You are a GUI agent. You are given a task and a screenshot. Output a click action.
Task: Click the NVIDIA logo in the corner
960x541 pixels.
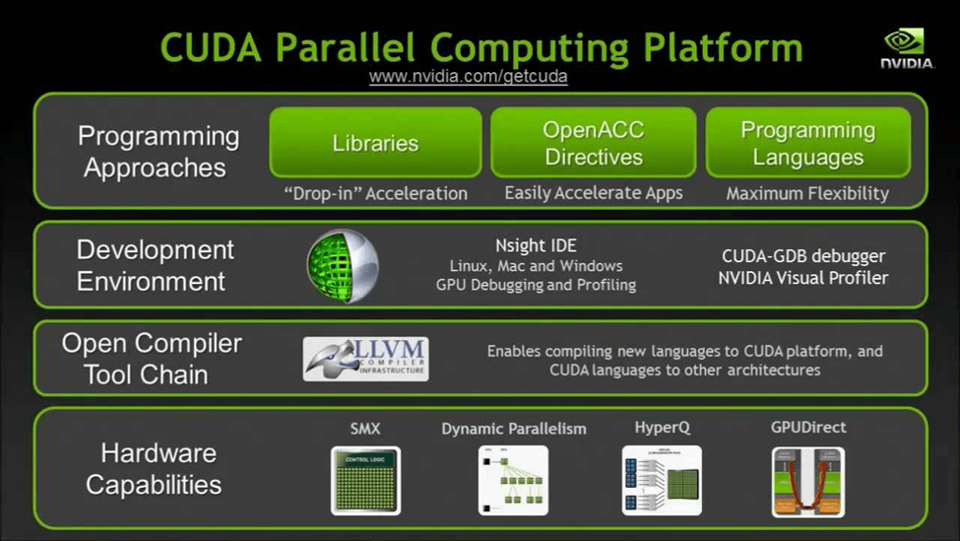[x=906, y=48]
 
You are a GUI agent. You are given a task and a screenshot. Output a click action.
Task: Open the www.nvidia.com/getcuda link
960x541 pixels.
[x=468, y=76]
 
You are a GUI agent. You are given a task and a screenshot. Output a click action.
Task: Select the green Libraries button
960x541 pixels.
[x=375, y=143]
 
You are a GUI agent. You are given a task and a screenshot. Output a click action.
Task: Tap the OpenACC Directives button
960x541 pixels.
[x=593, y=143]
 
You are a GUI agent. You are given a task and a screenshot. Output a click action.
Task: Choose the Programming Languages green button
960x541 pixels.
[x=807, y=143]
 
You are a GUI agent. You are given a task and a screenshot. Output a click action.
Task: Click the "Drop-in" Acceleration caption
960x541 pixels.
[x=375, y=193]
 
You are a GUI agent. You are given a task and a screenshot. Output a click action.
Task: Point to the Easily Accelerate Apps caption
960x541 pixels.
[x=593, y=193]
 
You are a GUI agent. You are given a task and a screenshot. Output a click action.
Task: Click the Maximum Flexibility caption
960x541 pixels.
[x=807, y=193]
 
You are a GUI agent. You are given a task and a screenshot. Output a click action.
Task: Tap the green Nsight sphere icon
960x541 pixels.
[x=343, y=265]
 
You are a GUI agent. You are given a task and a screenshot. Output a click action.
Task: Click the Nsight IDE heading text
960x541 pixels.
[x=536, y=245]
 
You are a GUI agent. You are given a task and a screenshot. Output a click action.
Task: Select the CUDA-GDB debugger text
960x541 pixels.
[x=802, y=256]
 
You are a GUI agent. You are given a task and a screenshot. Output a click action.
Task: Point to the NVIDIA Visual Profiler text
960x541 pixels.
[x=802, y=278]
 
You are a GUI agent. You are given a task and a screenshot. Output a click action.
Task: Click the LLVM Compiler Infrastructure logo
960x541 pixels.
[x=365, y=359]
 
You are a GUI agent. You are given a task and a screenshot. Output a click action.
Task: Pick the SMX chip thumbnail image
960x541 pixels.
[x=365, y=480]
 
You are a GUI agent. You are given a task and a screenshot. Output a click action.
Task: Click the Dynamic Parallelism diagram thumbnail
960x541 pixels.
[x=513, y=480]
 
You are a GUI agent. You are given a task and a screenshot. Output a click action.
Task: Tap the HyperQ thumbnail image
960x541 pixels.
[x=662, y=480]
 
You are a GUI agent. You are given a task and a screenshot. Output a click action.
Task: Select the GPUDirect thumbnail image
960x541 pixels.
[x=807, y=481]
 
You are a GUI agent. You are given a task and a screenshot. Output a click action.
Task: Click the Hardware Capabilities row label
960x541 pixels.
[x=154, y=469]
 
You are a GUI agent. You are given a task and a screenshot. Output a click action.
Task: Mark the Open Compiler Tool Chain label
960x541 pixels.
[x=152, y=359]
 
